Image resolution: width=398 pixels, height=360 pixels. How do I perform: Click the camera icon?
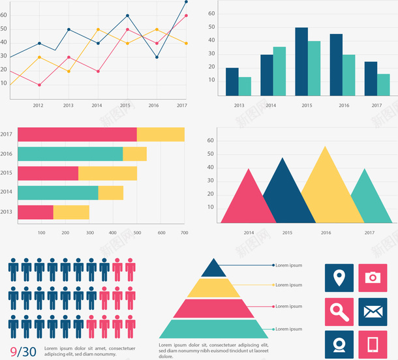pos(373,278)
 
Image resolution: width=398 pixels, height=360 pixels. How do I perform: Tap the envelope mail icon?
pos(373,311)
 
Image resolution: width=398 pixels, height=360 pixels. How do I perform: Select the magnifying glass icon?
pos(339,311)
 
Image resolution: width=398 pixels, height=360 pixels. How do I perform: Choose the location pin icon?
pos(339,278)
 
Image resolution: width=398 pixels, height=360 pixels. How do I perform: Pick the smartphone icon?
pos(373,344)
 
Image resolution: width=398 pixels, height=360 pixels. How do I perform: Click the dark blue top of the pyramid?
pos(213,269)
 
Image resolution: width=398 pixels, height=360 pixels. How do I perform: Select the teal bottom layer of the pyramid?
pos(213,329)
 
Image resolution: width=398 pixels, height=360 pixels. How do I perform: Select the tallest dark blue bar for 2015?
pos(301,62)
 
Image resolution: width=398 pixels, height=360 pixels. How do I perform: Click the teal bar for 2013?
pos(245,87)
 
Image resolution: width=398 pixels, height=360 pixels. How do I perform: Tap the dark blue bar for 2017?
pos(371,79)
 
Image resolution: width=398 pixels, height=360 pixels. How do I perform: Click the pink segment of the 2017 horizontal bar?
pos(77,135)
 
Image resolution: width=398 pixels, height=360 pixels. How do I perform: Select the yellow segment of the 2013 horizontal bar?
pos(71,212)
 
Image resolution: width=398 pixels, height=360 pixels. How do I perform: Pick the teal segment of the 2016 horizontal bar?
pos(70,154)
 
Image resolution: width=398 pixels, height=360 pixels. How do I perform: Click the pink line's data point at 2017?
pos(186,16)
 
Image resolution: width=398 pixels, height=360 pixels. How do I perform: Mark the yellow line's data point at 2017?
pos(186,44)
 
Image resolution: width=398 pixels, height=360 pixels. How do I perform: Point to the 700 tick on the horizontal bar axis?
pos(184,233)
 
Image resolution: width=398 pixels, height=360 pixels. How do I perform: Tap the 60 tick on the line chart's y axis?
pos(4,29)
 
